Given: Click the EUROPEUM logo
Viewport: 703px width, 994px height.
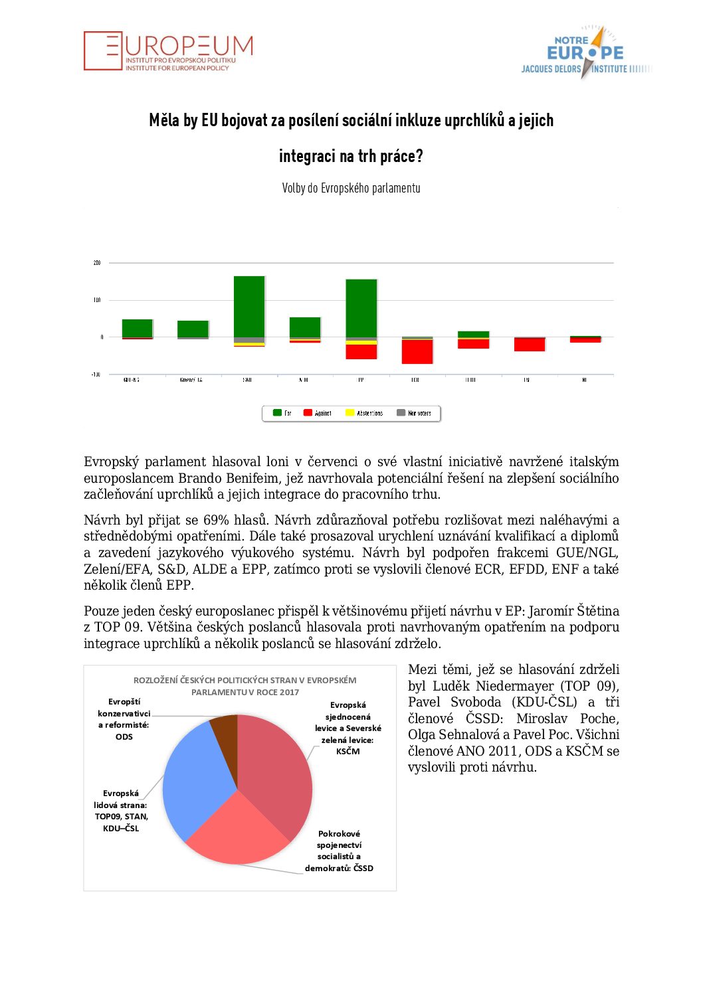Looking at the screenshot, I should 168,51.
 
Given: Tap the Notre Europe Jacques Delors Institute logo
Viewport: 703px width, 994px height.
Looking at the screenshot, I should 585,52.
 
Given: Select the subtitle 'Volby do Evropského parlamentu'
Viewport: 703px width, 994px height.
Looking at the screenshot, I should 351,188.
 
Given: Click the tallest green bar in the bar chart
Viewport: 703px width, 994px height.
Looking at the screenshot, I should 249,306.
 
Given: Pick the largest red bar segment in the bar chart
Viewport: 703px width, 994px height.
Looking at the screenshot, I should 417,351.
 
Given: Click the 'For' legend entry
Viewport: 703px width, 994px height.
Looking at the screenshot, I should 282,413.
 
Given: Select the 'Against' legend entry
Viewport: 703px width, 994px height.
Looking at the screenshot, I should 318,413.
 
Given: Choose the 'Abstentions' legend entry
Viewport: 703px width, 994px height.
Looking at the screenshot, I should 364,413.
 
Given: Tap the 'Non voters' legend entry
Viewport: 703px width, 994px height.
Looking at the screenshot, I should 414,413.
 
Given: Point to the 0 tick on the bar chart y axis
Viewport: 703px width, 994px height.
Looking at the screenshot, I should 102,337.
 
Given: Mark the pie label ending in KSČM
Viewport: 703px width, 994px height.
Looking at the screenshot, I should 348,728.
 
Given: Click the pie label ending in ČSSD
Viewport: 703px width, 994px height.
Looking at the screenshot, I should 339,851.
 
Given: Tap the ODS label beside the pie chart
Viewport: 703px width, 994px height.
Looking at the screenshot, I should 124,719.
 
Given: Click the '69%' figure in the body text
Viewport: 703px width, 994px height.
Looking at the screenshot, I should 215,520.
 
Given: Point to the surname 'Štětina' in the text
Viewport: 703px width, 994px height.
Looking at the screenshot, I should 597,611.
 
